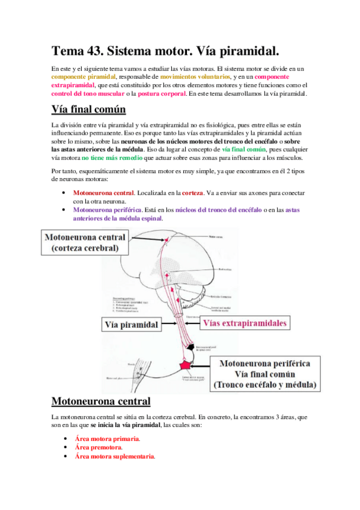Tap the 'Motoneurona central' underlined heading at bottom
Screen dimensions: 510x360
click(100, 401)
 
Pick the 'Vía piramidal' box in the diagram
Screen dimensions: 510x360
click(131, 325)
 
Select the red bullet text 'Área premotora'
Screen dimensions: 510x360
click(99, 447)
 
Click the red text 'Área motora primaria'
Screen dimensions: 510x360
click(106, 439)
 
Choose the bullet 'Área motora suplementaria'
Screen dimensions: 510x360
click(114, 456)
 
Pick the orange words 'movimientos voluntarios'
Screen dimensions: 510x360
click(195, 77)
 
